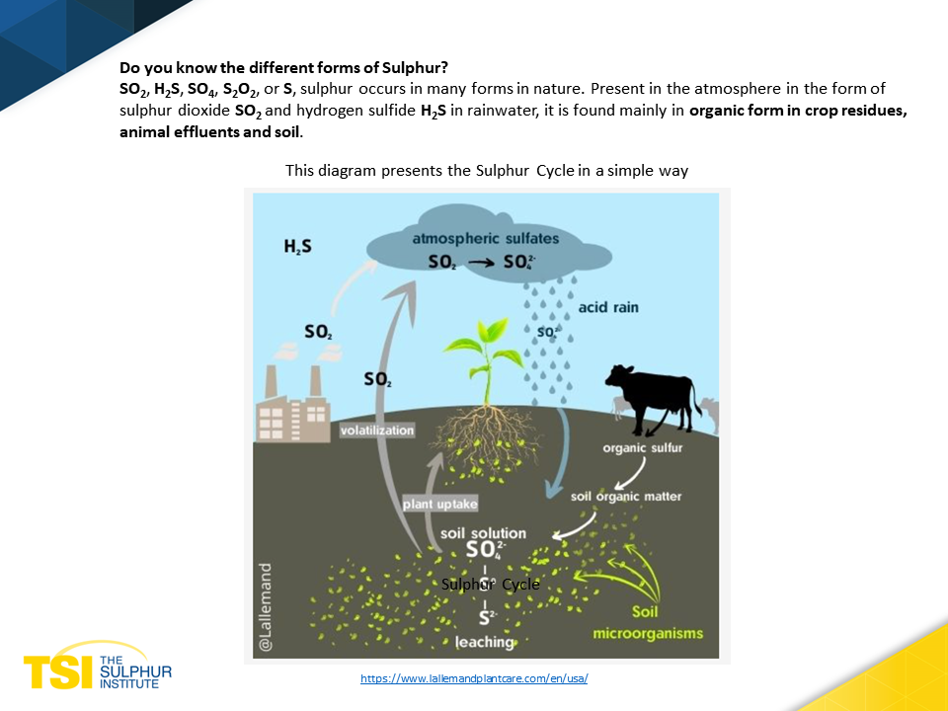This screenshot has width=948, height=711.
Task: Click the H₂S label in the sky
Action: [x=297, y=246]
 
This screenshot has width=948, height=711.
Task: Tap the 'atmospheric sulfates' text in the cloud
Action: [x=486, y=238]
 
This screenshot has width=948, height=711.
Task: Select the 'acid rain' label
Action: [x=608, y=307]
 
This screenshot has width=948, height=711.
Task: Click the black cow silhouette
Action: [x=653, y=397]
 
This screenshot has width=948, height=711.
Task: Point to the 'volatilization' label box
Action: [x=376, y=430]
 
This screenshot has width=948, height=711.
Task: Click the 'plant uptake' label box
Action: [x=440, y=504]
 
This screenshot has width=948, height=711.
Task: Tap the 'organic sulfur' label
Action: [x=642, y=448]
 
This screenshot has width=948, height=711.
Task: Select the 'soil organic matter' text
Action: [x=626, y=497]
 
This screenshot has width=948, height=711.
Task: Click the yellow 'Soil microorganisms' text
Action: [x=648, y=623]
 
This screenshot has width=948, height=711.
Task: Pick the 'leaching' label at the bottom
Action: [x=485, y=642]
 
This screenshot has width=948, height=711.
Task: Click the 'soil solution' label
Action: [x=483, y=533]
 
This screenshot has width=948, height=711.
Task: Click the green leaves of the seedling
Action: [x=484, y=345]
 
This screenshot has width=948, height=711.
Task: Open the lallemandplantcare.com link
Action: [x=474, y=678]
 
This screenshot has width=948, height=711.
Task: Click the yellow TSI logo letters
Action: [x=58, y=671]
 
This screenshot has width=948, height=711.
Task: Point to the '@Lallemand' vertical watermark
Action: [x=265, y=607]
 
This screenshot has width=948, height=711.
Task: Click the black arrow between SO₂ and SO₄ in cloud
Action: [x=481, y=263]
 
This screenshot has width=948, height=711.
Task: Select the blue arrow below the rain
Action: [x=559, y=453]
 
